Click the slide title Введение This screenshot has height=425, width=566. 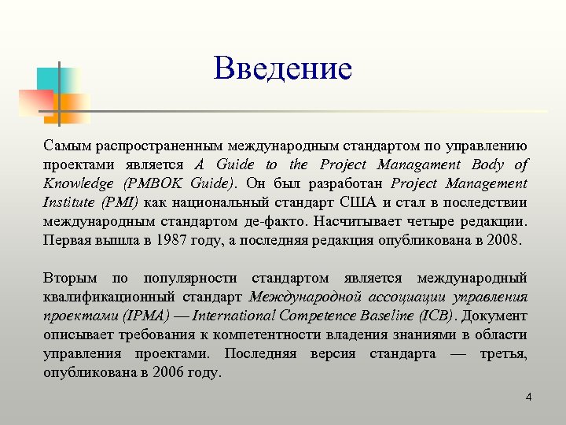point(283,68)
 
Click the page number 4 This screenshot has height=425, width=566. point(528,397)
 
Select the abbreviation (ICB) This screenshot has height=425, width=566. point(436,316)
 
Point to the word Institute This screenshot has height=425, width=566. point(69,202)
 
